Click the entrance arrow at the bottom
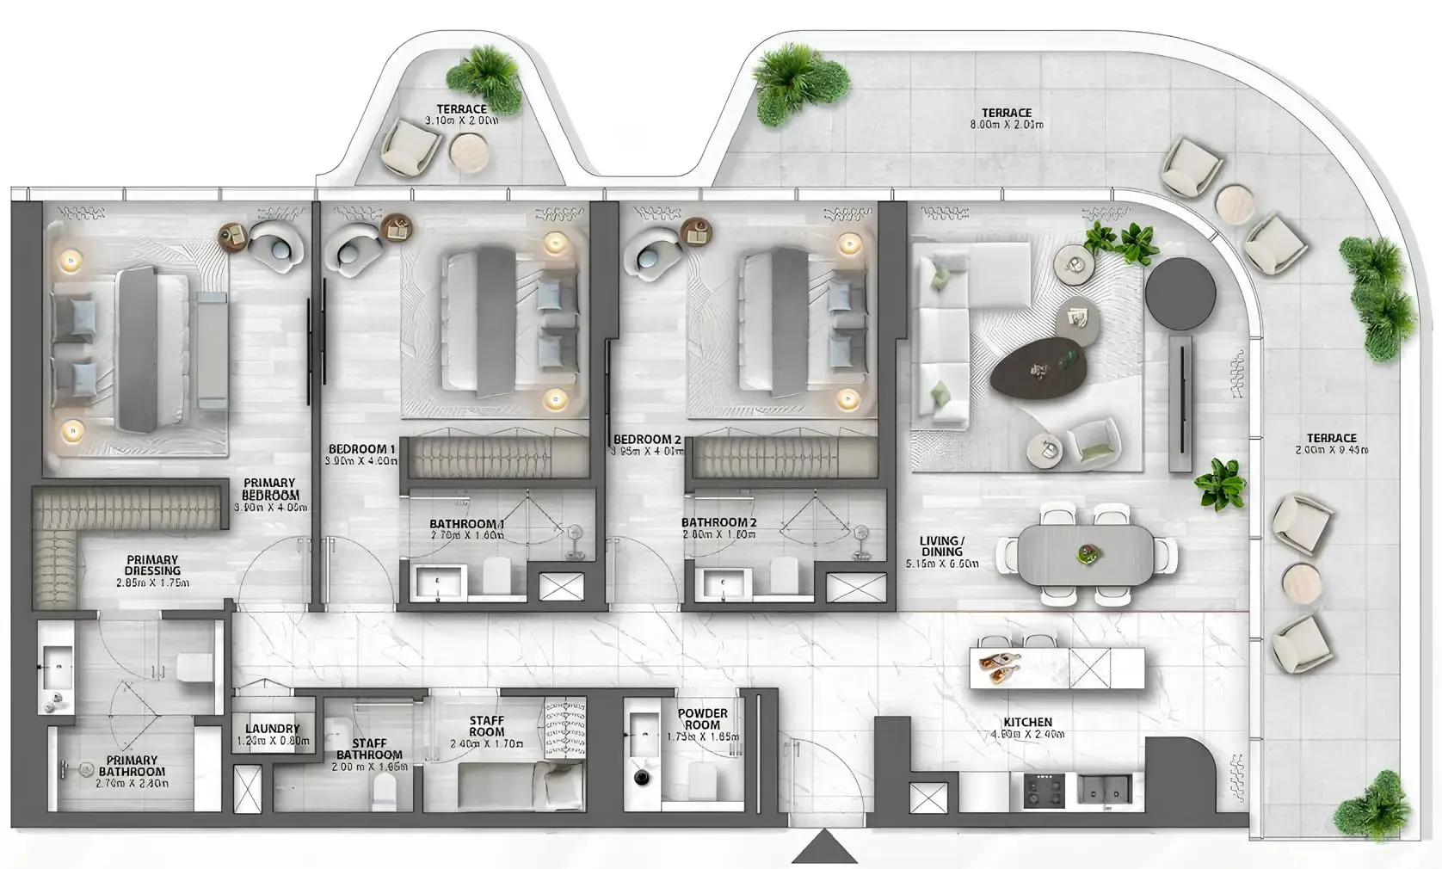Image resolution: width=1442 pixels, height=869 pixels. [x=824, y=847]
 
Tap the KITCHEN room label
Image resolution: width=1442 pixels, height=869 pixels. [x=1027, y=723]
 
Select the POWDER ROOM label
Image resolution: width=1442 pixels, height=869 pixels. [x=702, y=719]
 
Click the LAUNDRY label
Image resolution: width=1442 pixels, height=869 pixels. [x=272, y=729]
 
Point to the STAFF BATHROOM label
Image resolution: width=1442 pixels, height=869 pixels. [x=368, y=749]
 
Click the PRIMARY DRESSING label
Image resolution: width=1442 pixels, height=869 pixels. [x=152, y=565]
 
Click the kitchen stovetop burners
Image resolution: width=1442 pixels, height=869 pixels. [x=1045, y=789]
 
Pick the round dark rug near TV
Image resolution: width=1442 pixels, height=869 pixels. [x=1180, y=293]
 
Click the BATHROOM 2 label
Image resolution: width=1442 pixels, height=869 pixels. [x=719, y=522]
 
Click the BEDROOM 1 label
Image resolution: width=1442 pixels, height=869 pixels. [x=362, y=449]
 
